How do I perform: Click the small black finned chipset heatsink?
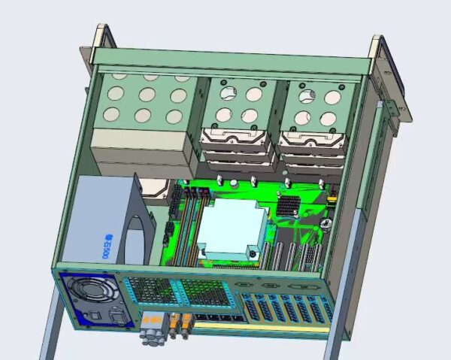coord(287,204)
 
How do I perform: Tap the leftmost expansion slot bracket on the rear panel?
coord(247,308)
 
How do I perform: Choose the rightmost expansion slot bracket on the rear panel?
coord(324,310)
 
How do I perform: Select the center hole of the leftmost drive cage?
coord(147,95)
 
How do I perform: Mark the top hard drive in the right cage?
coord(310,140)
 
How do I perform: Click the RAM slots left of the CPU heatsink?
coord(192,225)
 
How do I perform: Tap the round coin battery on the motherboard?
coord(325,224)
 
